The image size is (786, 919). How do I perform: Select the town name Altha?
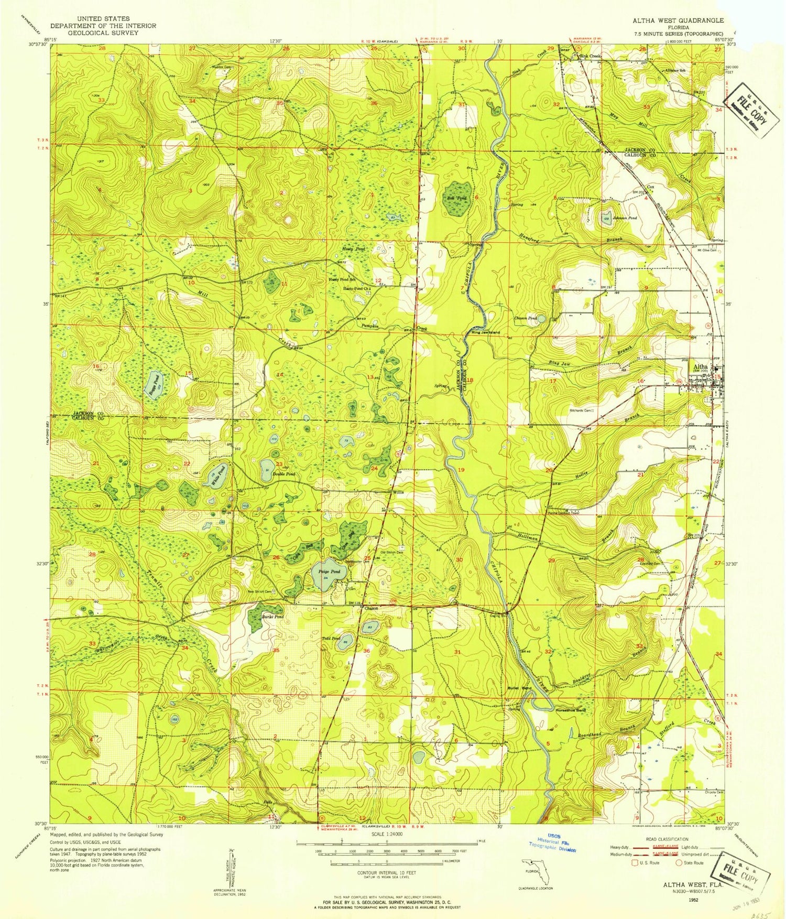click(x=701, y=367)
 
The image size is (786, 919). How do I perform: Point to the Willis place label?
click(x=399, y=493)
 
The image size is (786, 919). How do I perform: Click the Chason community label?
click(x=372, y=608)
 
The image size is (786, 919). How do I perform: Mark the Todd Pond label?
click(x=330, y=639)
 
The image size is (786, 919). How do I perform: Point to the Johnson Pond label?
click(x=625, y=218)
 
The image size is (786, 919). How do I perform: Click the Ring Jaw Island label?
click(x=486, y=332)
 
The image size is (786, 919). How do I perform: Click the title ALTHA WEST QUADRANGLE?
click(x=678, y=20)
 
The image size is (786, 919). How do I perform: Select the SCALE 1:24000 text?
click(x=387, y=834)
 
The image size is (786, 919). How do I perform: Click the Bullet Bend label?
click(x=519, y=688)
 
